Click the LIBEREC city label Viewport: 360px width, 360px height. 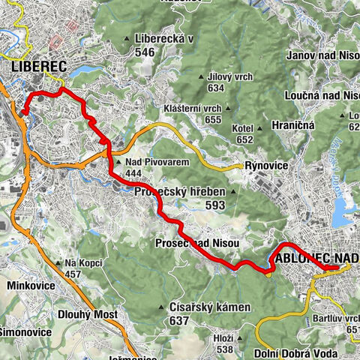pyautogui.click(x=39, y=67)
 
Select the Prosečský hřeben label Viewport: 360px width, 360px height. pyautogui.click(x=180, y=192)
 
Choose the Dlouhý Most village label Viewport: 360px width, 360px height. pyautogui.click(x=86, y=315)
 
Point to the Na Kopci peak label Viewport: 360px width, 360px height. pyautogui.click(x=82, y=263)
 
